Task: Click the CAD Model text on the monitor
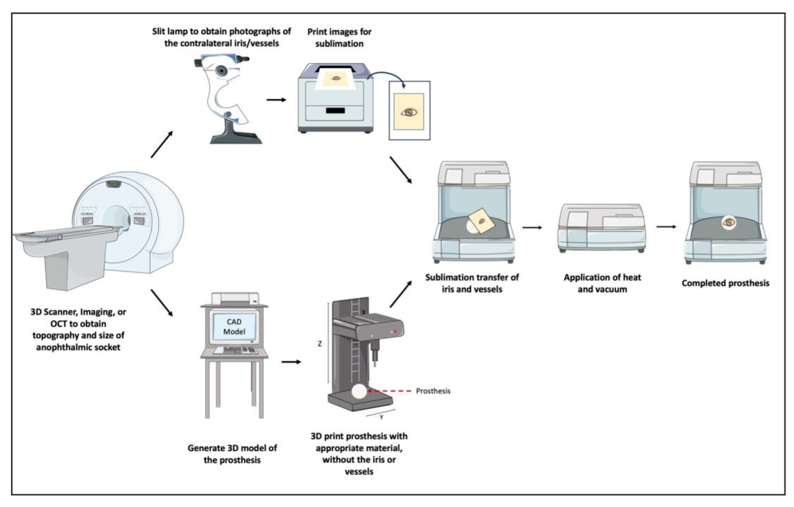[x=234, y=327]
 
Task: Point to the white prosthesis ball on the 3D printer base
[x=359, y=391]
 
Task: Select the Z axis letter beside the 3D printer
[x=319, y=344]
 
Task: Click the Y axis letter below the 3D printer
[x=382, y=417]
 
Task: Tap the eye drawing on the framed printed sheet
[x=409, y=112]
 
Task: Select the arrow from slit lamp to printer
[x=276, y=100]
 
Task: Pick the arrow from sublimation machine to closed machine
[x=532, y=227]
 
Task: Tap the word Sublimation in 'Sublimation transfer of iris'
[x=446, y=277]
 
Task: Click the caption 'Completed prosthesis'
[x=725, y=283]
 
